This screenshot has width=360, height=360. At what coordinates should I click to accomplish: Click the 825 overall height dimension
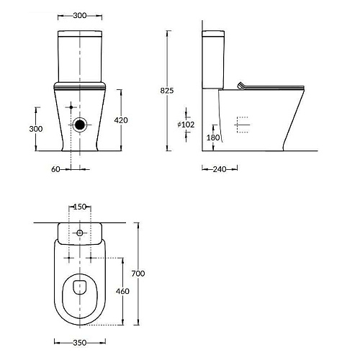pyautogui.click(x=167, y=91)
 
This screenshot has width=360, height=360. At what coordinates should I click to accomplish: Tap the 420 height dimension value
pyautogui.click(x=121, y=120)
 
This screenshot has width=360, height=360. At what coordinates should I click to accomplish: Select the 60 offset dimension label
pyautogui.click(x=55, y=169)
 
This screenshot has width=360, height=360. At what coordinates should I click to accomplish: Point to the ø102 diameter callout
pyautogui.click(x=186, y=125)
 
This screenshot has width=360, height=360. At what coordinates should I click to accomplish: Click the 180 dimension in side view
pyautogui.click(x=213, y=138)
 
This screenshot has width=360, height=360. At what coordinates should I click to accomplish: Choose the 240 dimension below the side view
pyautogui.click(x=220, y=169)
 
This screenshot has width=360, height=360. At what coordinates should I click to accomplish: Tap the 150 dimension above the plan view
pyautogui.click(x=80, y=207)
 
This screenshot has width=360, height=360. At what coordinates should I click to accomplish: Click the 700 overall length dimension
pyautogui.click(x=138, y=274)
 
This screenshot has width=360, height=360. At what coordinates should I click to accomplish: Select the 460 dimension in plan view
pyautogui.click(x=122, y=291)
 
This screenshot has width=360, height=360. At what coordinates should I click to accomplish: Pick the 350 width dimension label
pyautogui.click(x=80, y=343)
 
